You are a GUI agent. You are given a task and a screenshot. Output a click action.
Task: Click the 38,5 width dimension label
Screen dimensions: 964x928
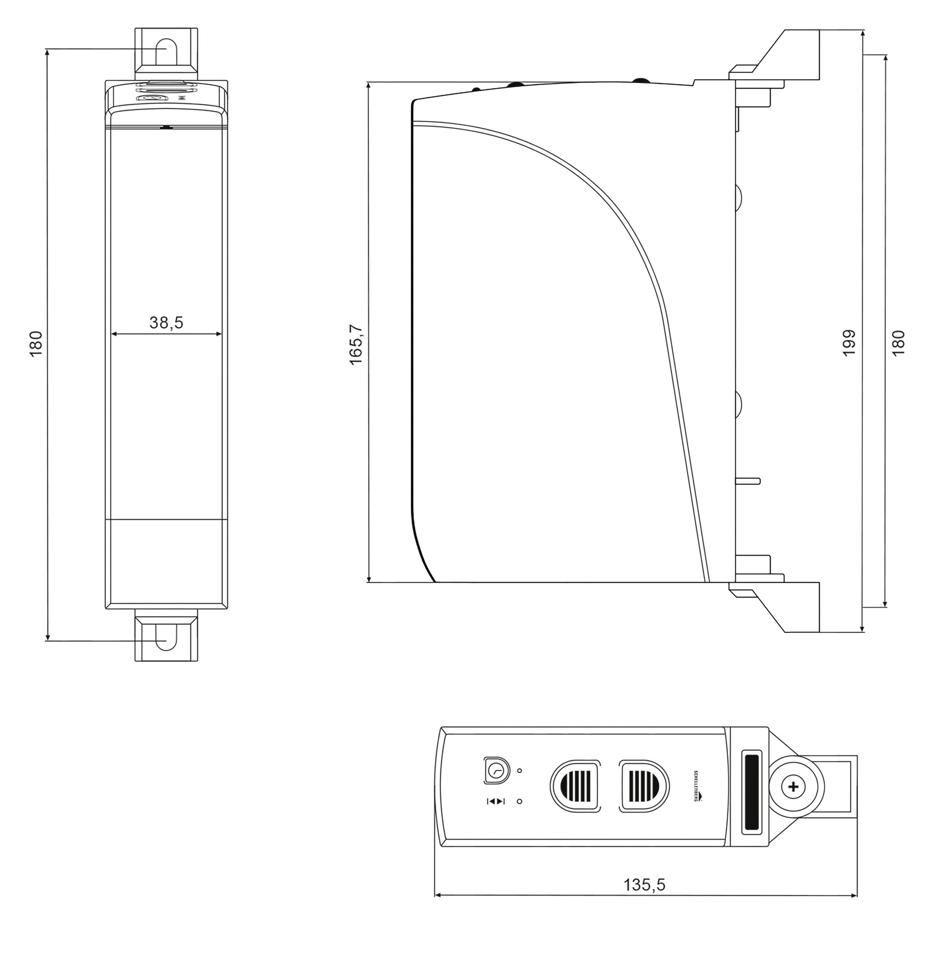click(x=166, y=323)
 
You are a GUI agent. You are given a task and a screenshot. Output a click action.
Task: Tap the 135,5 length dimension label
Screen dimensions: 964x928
click(x=644, y=898)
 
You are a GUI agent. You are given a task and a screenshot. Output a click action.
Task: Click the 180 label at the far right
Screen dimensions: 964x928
click(x=898, y=343)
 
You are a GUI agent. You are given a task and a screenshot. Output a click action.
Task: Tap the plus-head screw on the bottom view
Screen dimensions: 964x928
click(x=793, y=787)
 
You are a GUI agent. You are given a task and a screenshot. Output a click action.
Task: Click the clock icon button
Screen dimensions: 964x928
click(x=495, y=770)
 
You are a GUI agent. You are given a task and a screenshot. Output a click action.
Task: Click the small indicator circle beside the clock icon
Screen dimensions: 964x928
click(x=519, y=771)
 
